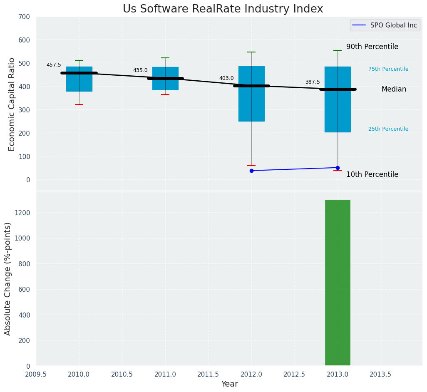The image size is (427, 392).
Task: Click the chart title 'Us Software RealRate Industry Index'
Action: coord(223,9)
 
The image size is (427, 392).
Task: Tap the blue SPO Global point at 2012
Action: coord(251,171)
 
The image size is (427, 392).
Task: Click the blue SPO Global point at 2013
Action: coord(338,168)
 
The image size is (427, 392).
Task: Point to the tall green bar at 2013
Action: coord(338,283)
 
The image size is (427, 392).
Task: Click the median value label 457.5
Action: coord(54,65)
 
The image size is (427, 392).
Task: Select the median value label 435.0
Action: coord(140,71)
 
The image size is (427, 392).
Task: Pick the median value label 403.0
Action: coord(226,78)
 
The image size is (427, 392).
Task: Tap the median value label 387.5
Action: coord(313,82)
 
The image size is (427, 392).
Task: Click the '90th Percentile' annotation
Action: coord(372,47)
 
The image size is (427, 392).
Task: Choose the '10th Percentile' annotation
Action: coord(372,175)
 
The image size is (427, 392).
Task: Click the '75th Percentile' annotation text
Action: coord(388,69)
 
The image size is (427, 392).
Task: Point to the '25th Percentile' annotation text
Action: coord(388,129)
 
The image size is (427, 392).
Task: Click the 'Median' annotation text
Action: coord(394,89)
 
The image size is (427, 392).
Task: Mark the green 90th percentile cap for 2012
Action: coord(251,52)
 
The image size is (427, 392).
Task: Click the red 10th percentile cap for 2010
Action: coord(79,104)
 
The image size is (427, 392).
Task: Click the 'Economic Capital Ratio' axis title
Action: coord(12,104)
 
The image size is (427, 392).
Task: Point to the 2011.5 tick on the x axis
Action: coord(208,374)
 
